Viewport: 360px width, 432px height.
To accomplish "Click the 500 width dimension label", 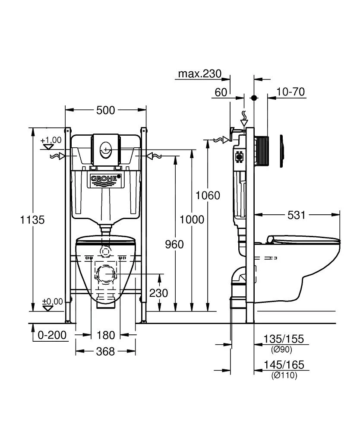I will pyautogui.click(x=105, y=111).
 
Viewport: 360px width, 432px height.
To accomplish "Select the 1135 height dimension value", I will pyautogui.click(x=32, y=219).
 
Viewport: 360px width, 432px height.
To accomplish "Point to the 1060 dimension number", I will pyautogui.click(x=208, y=196).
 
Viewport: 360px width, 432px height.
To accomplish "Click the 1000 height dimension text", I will pyautogui.click(x=192, y=219).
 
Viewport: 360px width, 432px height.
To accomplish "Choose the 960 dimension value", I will pyautogui.click(x=174, y=245).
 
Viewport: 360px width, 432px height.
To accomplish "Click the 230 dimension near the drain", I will pyautogui.click(x=159, y=293).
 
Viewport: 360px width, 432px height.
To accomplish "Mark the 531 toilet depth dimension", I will pyautogui.click(x=296, y=214).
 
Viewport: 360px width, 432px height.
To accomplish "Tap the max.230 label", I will pyautogui.click(x=200, y=74).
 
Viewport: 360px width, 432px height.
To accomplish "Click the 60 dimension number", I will pyautogui.click(x=221, y=92).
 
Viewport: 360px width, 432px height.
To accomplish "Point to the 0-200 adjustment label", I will pyautogui.click(x=53, y=335).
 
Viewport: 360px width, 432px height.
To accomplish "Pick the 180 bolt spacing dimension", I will pyautogui.click(x=106, y=335).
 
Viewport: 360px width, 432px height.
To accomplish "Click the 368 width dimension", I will pyautogui.click(x=106, y=352).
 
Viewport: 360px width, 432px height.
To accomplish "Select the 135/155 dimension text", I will pyautogui.click(x=284, y=340).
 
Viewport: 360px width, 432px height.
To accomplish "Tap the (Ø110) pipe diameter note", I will pyautogui.click(x=284, y=376).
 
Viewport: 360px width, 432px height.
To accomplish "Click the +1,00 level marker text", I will pyautogui.click(x=51, y=140).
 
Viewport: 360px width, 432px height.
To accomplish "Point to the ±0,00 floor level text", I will pyautogui.click(x=52, y=301).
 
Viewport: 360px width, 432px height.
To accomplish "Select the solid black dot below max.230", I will pyautogui.click(x=254, y=98).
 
